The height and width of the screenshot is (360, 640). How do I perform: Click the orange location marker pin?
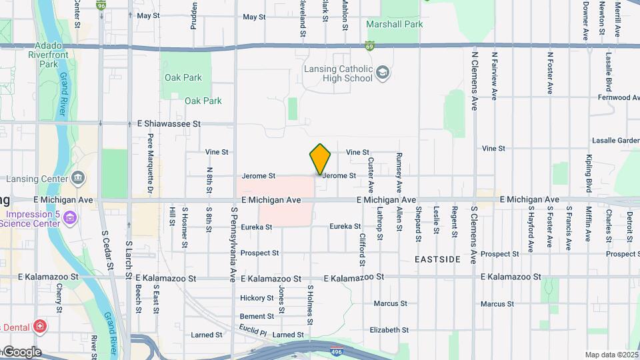320,159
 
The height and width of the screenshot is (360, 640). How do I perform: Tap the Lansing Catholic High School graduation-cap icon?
383,72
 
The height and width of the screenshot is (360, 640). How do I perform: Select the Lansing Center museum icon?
78,178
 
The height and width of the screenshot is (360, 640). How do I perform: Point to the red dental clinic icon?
40,327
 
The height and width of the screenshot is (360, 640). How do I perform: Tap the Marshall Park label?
395,25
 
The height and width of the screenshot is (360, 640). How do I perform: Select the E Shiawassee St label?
169,124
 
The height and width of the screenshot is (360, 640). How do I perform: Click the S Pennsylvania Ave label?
233,244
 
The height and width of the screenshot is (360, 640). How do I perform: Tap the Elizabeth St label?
389,330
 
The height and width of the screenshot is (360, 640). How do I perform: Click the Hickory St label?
257,298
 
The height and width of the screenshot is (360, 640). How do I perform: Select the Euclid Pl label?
253,331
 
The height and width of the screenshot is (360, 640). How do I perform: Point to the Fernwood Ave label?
618,97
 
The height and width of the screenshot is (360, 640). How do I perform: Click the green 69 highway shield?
369,47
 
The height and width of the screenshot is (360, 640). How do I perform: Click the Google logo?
22,351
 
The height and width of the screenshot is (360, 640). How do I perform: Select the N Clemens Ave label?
475,81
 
